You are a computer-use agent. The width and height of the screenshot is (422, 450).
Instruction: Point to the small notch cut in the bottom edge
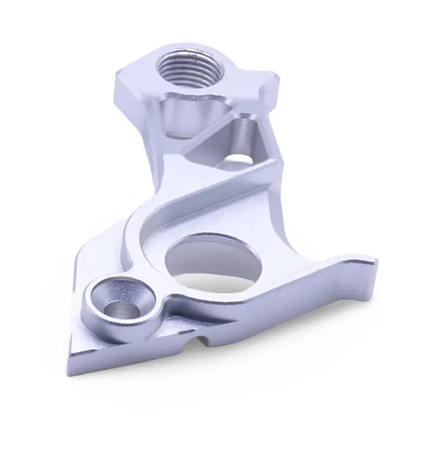pyautogui.click(x=200, y=343)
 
